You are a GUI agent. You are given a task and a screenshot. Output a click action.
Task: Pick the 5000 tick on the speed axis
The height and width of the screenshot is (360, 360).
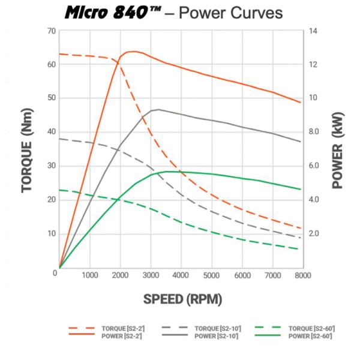[x=211, y=276]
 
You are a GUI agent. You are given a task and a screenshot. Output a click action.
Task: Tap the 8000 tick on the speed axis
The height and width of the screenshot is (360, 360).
[x=302, y=276]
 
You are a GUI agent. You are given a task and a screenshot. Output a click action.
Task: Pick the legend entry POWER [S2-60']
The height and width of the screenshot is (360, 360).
[x=310, y=336]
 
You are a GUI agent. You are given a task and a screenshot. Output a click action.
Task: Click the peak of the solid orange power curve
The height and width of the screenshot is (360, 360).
[x=133, y=51]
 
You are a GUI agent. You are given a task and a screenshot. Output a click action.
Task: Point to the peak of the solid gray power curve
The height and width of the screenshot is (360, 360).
[x=158, y=109]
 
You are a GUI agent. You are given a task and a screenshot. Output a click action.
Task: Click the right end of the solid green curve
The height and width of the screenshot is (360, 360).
[x=301, y=189]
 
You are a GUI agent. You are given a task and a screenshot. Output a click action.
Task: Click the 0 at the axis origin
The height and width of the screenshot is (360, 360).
[x=55, y=272]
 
